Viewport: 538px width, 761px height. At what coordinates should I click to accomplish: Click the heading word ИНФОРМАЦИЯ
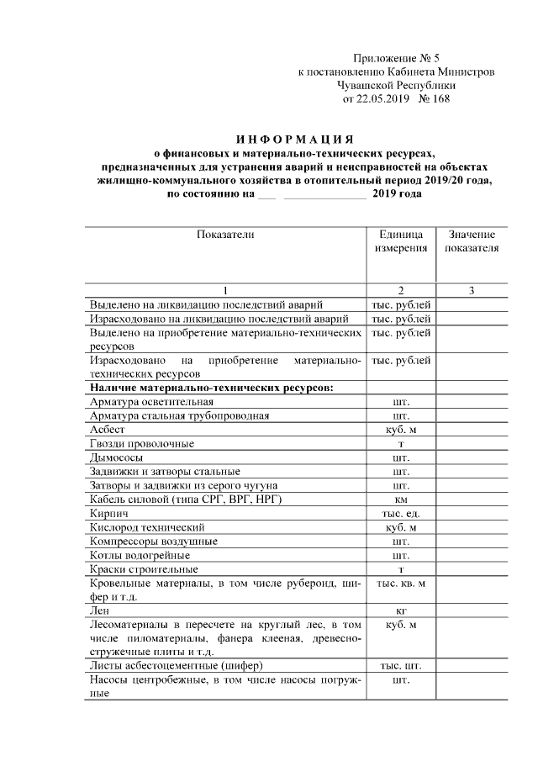coord(293,138)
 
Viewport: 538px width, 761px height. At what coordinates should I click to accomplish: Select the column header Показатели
coord(225,235)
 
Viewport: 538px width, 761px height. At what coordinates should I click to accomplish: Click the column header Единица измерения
coord(401,241)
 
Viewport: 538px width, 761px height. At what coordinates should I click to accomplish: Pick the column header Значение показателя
coord(472,241)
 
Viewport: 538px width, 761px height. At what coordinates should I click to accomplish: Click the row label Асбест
coord(106,429)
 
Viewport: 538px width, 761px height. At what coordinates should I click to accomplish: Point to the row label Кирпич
coord(108,513)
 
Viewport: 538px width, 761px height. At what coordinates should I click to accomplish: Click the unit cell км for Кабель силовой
coord(401,499)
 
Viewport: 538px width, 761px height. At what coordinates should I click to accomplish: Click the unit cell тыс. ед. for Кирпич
coord(401,513)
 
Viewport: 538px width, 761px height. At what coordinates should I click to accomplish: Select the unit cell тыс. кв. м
coord(401,584)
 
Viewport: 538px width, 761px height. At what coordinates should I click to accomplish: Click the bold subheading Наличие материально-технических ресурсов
coord(211,387)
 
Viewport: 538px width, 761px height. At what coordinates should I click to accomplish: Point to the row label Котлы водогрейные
coord(140,555)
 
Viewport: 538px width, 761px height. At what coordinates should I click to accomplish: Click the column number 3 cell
coord(472,290)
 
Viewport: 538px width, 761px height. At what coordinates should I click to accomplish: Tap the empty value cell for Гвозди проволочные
coord(472,443)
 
